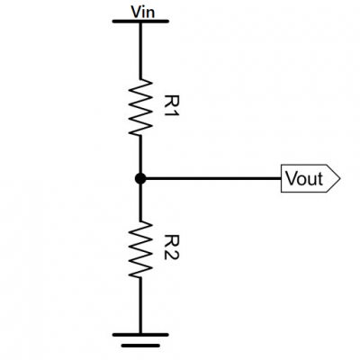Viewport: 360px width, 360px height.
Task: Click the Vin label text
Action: pyautogui.click(x=143, y=13)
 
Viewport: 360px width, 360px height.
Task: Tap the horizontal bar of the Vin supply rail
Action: pyautogui.click(x=140, y=22)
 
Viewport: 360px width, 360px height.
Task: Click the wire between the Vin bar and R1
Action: pyautogui.click(x=140, y=51)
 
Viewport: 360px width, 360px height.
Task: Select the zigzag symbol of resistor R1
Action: pyautogui.click(x=140, y=107)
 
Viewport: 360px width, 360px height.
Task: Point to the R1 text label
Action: pyautogui.click(x=172, y=106)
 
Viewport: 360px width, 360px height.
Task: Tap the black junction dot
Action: pyautogui.click(x=140, y=179)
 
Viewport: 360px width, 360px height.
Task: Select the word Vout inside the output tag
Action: pyautogui.click(x=304, y=178)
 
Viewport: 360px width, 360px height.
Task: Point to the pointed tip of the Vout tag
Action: pyautogui.click(x=340, y=178)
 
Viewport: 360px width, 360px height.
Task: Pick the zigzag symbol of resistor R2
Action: pyautogui.click(x=140, y=250)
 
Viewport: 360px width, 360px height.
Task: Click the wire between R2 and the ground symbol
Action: pyautogui.click(x=140, y=306)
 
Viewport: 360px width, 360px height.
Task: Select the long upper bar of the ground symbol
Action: pyautogui.click(x=140, y=335)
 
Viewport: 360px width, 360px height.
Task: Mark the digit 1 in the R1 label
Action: pyautogui.click(x=172, y=113)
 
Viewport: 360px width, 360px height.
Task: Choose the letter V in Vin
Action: pyautogui.click(x=136, y=13)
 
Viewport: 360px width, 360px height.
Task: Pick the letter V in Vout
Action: pyautogui.click(x=291, y=178)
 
